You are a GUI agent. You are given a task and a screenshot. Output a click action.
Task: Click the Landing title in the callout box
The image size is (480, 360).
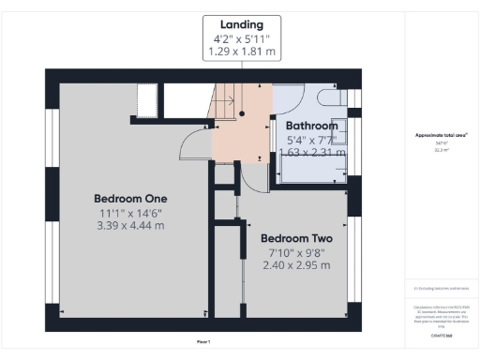point(241,24)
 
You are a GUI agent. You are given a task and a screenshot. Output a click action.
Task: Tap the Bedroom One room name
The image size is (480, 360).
point(130,199)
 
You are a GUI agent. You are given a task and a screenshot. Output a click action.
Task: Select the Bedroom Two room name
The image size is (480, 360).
point(295,238)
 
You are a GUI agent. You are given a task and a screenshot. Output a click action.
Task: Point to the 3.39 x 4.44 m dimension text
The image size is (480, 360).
point(130,226)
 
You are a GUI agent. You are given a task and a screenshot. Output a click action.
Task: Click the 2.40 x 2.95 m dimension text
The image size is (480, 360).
point(295,265)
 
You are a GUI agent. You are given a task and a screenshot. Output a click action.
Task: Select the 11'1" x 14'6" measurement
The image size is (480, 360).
point(130,213)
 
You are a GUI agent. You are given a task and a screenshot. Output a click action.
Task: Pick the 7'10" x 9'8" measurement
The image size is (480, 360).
point(295,252)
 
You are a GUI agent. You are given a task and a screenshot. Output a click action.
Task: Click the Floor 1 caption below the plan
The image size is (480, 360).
point(203,341)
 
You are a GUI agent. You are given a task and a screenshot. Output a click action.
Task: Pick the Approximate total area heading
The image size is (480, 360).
point(442,135)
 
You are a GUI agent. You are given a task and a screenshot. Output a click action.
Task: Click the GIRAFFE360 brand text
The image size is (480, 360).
point(442,334)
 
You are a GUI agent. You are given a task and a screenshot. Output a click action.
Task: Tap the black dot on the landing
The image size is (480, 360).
point(242,113)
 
